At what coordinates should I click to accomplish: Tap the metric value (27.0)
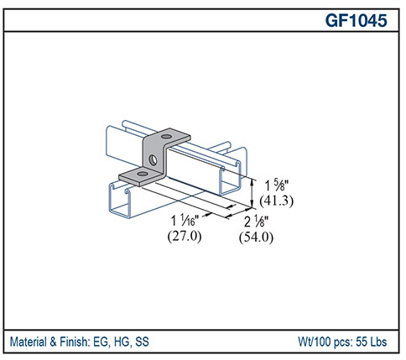tap(185, 237)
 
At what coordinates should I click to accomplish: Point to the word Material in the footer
tap(32, 342)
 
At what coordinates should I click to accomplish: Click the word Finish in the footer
tap(80, 342)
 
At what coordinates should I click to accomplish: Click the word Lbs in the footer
tap(380, 342)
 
